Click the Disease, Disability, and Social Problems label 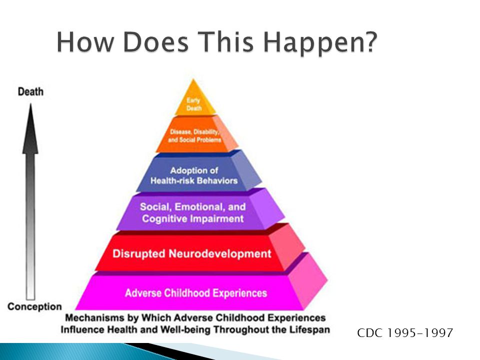coord(194,135)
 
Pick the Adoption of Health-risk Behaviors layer coord(199,172)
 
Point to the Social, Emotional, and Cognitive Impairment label coord(193,213)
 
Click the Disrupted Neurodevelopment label coord(192,254)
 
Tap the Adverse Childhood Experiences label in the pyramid coord(196,293)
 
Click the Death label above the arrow coord(30,91)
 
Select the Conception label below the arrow coord(34,306)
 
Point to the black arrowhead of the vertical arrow coord(30,128)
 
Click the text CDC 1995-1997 coord(405,333)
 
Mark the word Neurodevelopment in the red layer coord(220,254)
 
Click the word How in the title coord(85,41)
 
